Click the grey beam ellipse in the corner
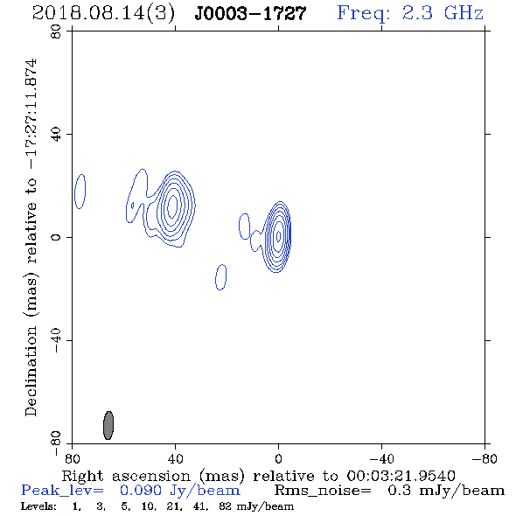point(108,425)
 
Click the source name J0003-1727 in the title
point(250,13)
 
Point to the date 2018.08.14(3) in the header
point(103,14)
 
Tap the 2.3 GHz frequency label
point(443,13)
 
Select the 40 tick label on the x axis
point(175,458)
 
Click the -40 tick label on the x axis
point(381,458)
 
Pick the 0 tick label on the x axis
point(278,458)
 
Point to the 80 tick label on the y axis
point(56,31)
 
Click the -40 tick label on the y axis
point(56,340)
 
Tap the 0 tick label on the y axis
point(56,237)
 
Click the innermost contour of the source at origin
point(278,235)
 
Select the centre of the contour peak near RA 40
point(172,206)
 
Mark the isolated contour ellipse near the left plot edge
point(80,192)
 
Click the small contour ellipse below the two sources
point(220,277)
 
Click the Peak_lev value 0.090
point(141,491)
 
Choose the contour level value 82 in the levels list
point(225,506)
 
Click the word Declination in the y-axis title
point(31,371)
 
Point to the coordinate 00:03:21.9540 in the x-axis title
point(401,476)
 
